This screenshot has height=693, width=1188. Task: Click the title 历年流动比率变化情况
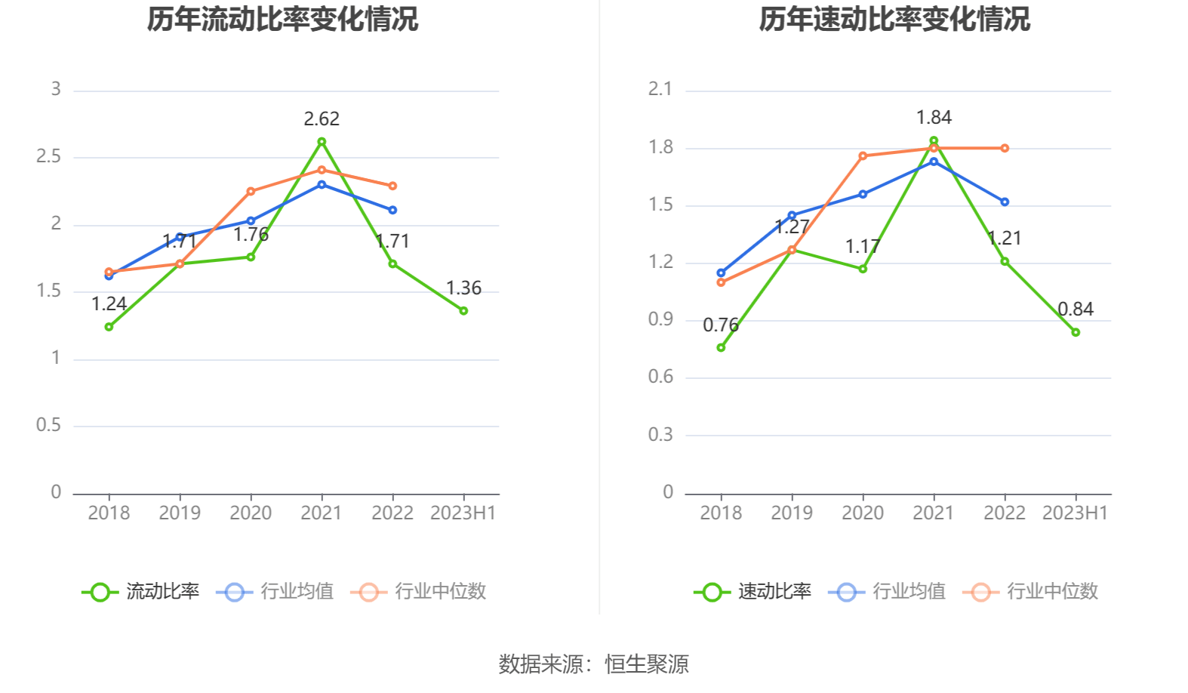pyautogui.click(x=282, y=20)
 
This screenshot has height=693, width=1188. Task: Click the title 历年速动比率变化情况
pyautogui.click(x=894, y=20)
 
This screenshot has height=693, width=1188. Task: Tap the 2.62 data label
pyautogui.click(x=322, y=119)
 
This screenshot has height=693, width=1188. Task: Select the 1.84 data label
pyautogui.click(x=934, y=118)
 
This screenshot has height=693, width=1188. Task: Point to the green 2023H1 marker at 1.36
pyautogui.click(x=463, y=310)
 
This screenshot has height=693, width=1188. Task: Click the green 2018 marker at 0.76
pyautogui.click(x=721, y=347)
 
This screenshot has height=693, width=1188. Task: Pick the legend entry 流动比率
pyautogui.click(x=141, y=591)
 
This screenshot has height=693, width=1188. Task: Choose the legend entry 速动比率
pyautogui.click(x=753, y=591)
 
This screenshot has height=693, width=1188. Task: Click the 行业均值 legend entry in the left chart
pyautogui.click(x=275, y=591)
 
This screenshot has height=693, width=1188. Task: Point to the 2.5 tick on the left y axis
pyautogui.click(x=49, y=156)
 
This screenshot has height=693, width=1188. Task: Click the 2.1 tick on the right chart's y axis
pyautogui.click(x=660, y=89)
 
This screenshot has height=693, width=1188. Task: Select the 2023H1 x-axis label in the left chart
pyautogui.click(x=463, y=513)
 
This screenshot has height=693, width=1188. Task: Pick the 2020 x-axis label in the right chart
pyautogui.click(x=863, y=513)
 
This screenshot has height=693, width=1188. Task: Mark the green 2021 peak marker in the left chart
pyautogui.click(x=322, y=142)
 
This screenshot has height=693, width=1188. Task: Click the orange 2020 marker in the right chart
pyautogui.click(x=863, y=156)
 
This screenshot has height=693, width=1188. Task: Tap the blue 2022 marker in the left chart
pyautogui.click(x=392, y=210)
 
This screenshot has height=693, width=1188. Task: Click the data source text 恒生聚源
pyautogui.click(x=647, y=664)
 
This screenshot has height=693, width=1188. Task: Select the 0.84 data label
pyautogui.click(x=1076, y=310)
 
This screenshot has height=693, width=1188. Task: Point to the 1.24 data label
pyautogui.click(x=109, y=304)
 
